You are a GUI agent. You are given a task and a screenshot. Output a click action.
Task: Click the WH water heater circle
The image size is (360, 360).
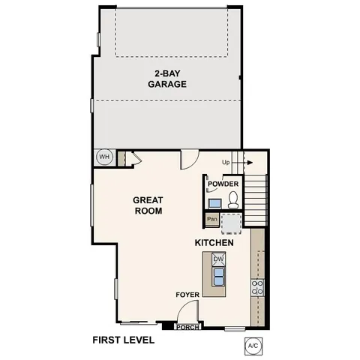104,157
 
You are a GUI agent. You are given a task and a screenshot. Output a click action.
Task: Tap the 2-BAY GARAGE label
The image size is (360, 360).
166,79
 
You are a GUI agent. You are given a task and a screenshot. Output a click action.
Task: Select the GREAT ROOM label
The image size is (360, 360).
148,205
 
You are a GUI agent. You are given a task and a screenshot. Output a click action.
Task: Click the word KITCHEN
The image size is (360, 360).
214,243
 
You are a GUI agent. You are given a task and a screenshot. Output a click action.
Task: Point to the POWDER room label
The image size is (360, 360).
223,184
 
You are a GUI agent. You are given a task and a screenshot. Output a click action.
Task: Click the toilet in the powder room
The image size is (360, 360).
233,199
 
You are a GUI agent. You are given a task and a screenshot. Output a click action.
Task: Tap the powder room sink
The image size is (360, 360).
214,202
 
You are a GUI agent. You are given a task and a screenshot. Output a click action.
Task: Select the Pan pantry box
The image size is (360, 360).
212,220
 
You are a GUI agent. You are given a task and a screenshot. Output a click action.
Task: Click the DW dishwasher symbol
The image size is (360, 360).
219,259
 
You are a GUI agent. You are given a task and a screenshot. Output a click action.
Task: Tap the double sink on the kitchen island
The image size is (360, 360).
219,277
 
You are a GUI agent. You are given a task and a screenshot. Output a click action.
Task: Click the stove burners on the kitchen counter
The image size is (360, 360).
258,286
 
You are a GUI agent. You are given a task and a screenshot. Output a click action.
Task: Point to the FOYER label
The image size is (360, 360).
187,295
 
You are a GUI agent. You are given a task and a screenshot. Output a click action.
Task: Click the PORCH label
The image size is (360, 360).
187,328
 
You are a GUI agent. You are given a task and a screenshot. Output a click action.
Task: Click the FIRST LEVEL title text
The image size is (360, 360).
123,340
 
